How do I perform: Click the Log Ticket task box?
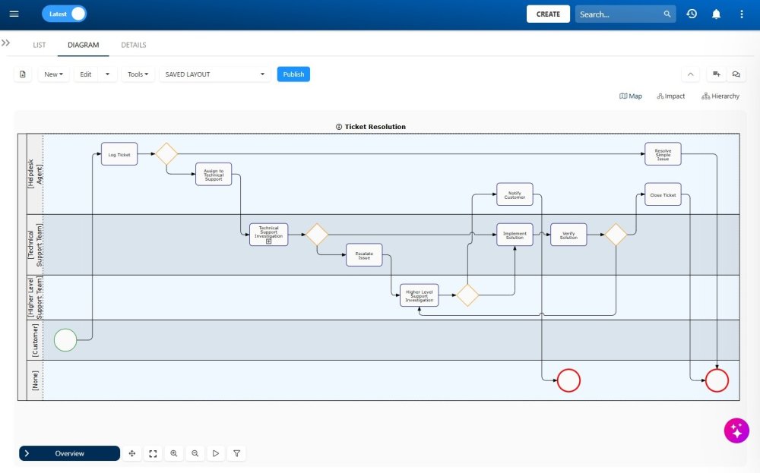point(119,154)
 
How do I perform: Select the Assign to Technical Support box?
point(214,175)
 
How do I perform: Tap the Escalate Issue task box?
point(364,254)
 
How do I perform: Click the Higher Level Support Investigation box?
point(420,295)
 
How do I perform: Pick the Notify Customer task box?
point(515,194)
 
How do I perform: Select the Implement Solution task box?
point(515,235)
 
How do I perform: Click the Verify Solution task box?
point(568,235)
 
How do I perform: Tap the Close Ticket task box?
point(663,194)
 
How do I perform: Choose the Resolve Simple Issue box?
point(663,154)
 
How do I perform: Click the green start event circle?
point(66,339)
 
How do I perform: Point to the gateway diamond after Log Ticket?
point(166,154)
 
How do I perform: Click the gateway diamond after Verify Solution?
point(616,235)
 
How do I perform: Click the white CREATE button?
point(548,14)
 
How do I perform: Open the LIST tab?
point(40,45)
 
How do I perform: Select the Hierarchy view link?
point(720,96)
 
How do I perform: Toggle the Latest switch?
point(64,14)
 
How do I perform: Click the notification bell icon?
point(716,14)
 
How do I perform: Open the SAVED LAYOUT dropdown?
point(215,74)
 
